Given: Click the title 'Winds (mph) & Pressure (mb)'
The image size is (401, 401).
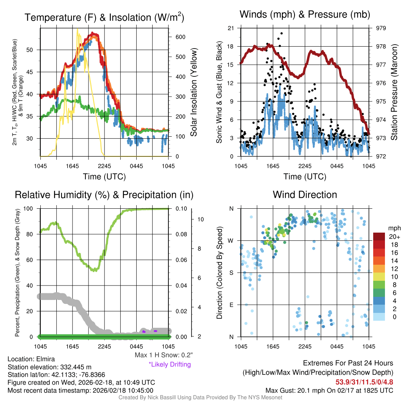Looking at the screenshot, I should (305, 15).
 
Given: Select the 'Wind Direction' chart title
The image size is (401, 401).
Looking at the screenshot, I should (305, 195).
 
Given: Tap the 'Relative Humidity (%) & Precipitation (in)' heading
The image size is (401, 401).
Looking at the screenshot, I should (104, 195).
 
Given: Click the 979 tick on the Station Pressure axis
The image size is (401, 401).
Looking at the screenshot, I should (381, 28).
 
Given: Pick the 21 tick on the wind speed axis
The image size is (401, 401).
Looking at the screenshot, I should (231, 28).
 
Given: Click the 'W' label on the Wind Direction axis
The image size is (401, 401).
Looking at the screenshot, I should (231, 240).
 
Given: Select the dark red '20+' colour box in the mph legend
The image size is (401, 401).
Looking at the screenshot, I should (379, 237).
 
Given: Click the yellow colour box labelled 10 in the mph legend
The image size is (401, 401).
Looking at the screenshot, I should (379, 276).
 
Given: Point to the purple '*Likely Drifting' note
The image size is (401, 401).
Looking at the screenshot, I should (170, 364).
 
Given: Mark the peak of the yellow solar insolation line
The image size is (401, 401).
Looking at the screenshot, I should (78, 29).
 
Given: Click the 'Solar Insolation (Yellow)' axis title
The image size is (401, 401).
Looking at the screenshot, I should (194, 92).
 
